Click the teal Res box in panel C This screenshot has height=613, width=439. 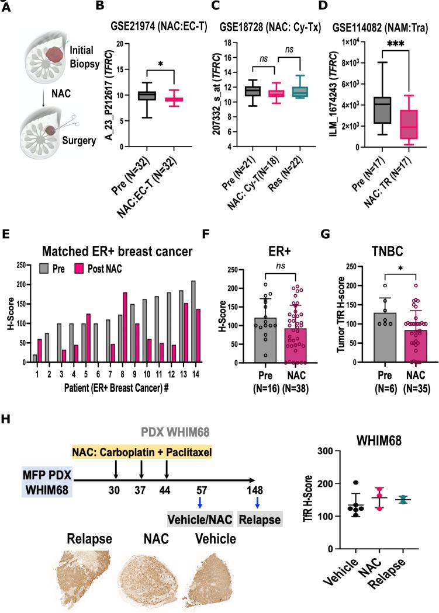coord(302,92)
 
